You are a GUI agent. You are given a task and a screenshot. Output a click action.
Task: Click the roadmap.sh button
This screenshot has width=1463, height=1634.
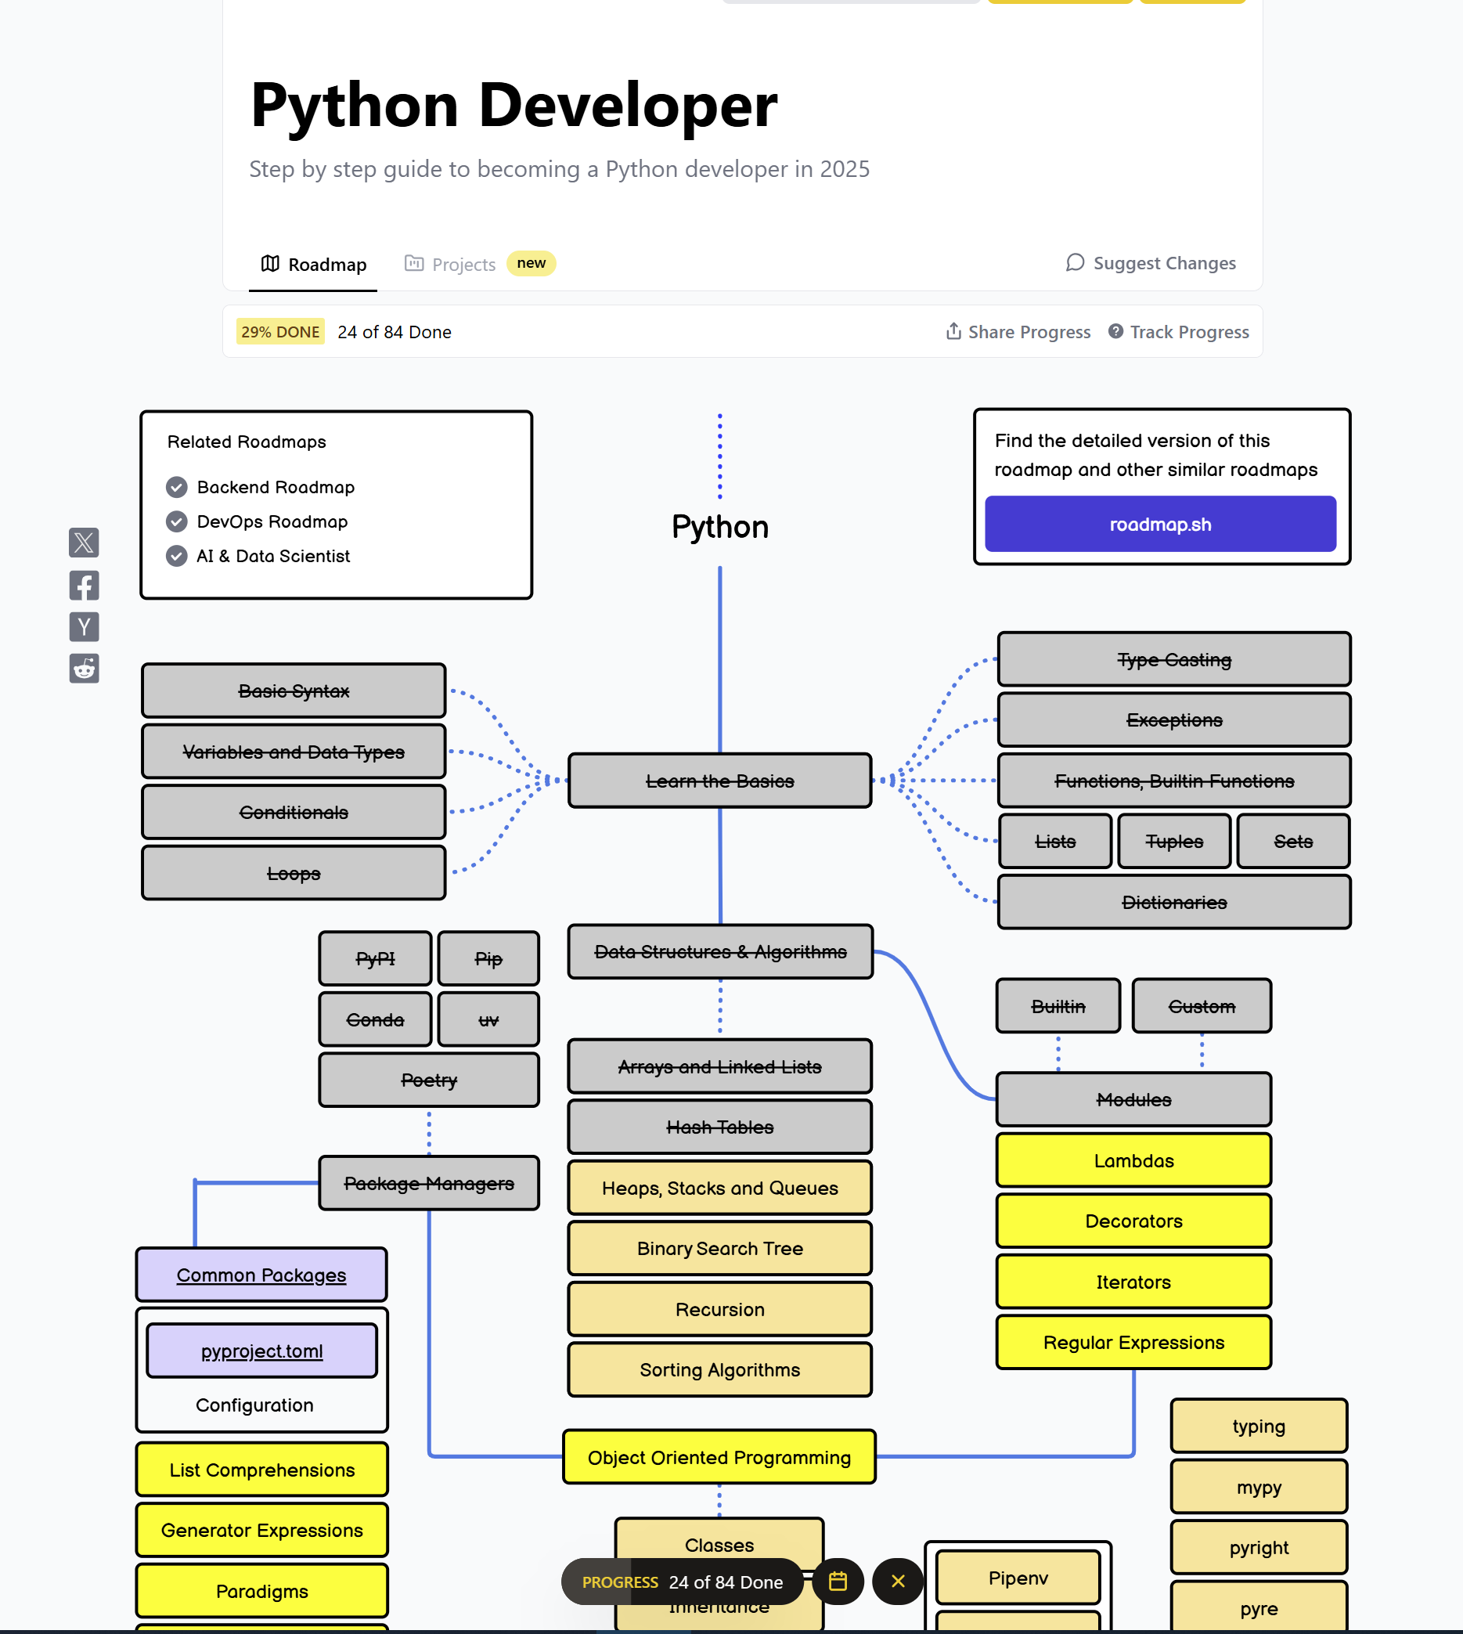pos(1160,525)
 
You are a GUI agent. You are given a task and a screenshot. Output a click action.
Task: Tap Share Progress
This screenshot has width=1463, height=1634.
pos(1018,332)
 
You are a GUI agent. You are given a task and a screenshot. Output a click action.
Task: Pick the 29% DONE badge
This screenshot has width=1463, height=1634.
pos(279,332)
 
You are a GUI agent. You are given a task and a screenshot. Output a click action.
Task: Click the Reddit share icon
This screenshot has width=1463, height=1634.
pos(85,668)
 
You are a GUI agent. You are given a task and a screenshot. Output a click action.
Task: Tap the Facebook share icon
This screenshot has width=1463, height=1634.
pos(85,586)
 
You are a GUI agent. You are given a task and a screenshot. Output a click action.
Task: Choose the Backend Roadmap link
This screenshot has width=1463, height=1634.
pos(275,487)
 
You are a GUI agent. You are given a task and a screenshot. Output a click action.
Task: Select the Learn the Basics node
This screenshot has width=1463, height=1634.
pos(719,781)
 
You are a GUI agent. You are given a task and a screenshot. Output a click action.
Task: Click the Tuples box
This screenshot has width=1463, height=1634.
pos(1173,841)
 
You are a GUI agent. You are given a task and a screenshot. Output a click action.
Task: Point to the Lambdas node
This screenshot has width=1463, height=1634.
pos(1133,1160)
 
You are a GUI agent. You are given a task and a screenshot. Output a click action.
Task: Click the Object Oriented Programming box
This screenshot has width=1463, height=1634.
pos(719,1457)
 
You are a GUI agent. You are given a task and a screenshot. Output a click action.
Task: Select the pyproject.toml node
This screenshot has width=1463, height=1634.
pos(262,1351)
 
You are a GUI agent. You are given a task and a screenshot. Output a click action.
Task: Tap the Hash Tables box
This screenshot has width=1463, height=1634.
pos(719,1127)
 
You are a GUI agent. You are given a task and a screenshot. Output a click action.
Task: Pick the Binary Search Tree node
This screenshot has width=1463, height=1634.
pos(719,1248)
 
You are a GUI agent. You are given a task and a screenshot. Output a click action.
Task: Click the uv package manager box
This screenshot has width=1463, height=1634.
pos(488,1019)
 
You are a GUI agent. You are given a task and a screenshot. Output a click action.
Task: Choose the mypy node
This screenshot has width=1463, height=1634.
pos(1258,1487)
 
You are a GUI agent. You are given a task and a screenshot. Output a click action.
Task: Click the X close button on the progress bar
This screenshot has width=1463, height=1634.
pos(898,1581)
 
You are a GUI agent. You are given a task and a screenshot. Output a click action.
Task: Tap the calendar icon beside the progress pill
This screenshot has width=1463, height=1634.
pos(838,1581)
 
